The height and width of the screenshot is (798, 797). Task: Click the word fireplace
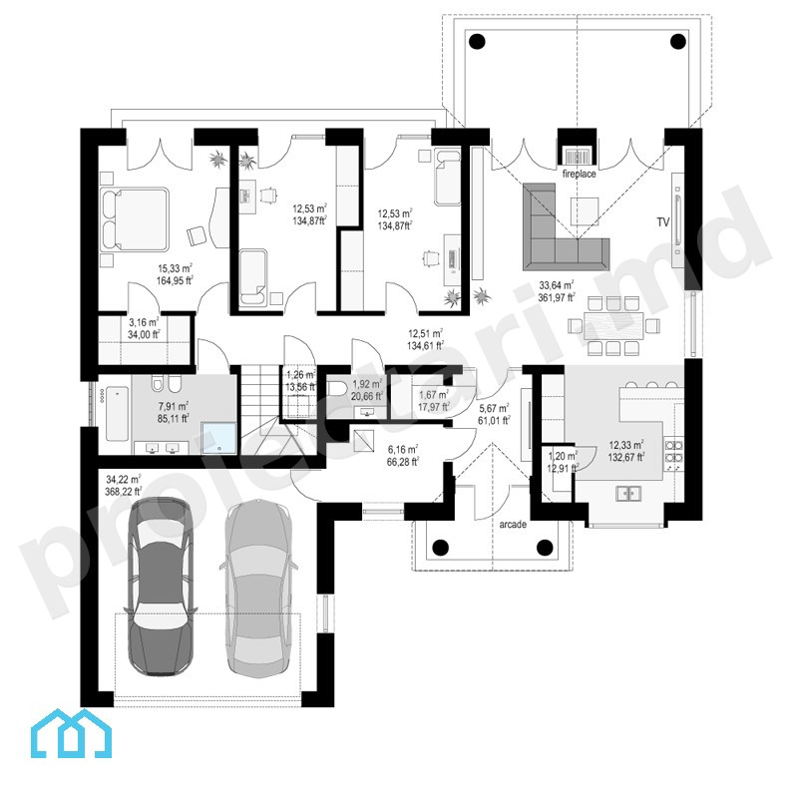pos(579,174)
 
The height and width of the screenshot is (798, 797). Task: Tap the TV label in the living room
pos(662,221)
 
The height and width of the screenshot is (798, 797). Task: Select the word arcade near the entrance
pos(513,525)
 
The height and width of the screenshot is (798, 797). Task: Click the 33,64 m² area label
pos(557,285)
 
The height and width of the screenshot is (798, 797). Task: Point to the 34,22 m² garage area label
pos(124,480)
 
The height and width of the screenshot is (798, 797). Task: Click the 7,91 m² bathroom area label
pos(173,407)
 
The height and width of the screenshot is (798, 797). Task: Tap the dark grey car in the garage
pos(161,587)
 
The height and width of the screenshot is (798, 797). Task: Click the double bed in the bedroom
pos(135,219)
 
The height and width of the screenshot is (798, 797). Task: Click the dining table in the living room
pos(613,326)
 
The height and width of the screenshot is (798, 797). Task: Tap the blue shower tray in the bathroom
pos(219,438)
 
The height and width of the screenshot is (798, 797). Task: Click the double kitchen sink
pos(628,493)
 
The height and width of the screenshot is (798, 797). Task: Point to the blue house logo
pos(71,733)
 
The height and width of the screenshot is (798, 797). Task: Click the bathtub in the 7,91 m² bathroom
pos(117,413)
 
